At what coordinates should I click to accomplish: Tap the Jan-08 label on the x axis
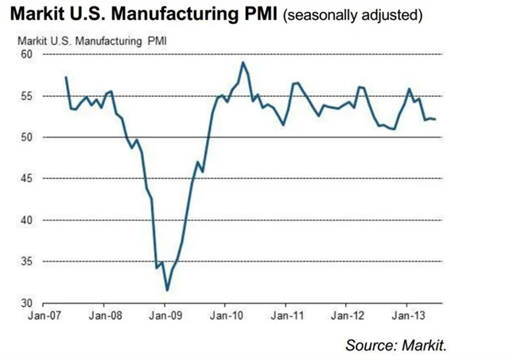[x=104, y=315]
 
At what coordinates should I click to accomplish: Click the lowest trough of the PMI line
[x=167, y=290]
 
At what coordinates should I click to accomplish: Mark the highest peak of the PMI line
[x=243, y=62]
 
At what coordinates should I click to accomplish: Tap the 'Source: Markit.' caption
[x=394, y=344]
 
